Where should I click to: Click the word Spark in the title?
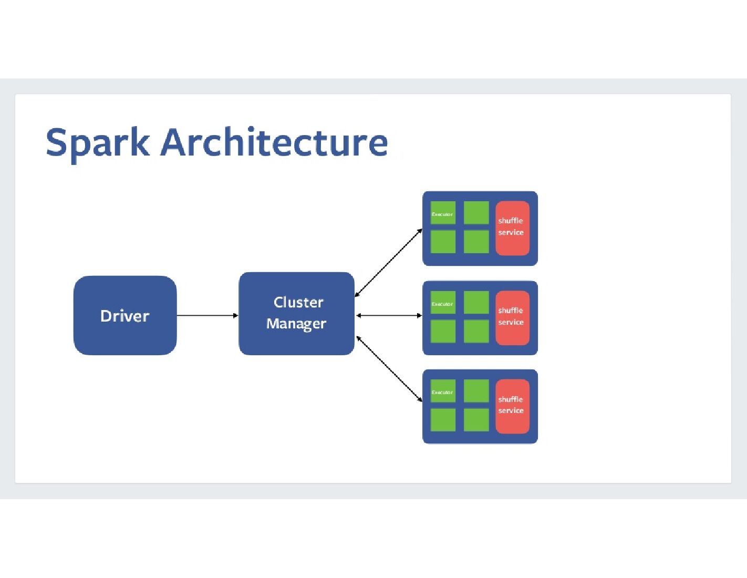(97, 142)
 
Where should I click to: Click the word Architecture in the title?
(274, 142)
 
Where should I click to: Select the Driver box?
(125, 315)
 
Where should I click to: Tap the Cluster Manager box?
(296, 313)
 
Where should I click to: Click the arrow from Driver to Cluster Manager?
(207, 315)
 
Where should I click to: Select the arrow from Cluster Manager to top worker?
(389, 263)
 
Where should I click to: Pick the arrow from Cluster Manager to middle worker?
(389, 315)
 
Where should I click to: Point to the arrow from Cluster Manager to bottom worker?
(389, 368)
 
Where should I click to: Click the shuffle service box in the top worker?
(512, 228)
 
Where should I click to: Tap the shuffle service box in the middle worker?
(512, 317)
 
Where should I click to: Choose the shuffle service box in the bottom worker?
(512, 406)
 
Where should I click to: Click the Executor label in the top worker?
(442, 214)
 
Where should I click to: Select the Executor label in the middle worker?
(442, 304)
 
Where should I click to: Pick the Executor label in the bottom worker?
(442, 393)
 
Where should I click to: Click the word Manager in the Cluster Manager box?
(296, 324)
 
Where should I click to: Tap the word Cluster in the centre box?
(298, 302)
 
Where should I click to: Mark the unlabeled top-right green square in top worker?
(476, 213)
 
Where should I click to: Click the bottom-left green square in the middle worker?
(443, 331)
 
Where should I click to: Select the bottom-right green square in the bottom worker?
(476, 420)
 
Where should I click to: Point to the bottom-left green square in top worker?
(443, 242)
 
